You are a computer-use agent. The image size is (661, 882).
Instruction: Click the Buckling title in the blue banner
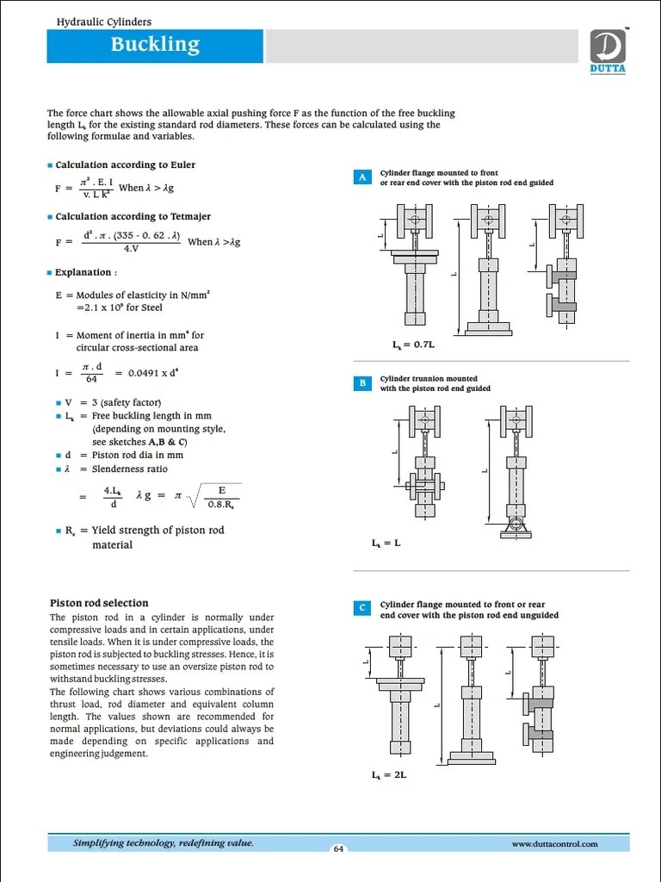tap(155, 45)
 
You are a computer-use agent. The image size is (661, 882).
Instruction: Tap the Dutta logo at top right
tap(608, 51)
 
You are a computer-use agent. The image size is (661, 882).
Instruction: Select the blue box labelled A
tap(362, 177)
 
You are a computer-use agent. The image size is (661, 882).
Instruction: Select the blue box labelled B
tap(362, 383)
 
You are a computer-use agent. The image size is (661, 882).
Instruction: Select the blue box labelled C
tap(362, 609)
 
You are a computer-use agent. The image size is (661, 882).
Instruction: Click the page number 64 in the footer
tap(338, 849)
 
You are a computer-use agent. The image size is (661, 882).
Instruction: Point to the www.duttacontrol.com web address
tap(554, 844)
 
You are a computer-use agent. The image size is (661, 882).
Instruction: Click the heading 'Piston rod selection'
tap(99, 603)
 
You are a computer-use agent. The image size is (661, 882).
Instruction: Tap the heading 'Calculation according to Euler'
tap(125, 165)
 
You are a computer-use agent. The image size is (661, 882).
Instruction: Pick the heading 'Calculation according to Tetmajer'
tap(133, 216)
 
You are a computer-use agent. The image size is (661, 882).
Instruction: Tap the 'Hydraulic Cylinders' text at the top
tap(103, 21)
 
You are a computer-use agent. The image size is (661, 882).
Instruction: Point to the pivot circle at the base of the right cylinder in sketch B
tap(515, 523)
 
